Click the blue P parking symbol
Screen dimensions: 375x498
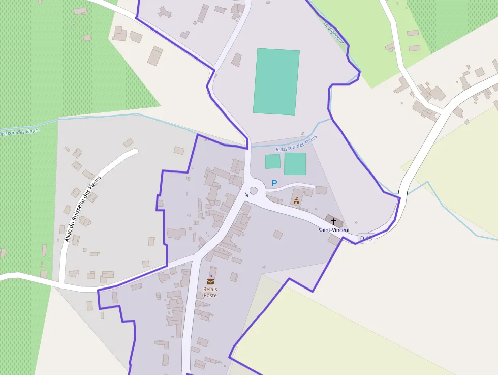[x=275, y=183]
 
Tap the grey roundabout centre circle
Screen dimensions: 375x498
[x=254, y=191]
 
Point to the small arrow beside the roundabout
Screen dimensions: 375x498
[x=246, y=194]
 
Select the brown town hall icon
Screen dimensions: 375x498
[x=296, y=200]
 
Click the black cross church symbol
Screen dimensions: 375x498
[x=334, y=221]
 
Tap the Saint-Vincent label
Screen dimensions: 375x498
[x=334, y=230]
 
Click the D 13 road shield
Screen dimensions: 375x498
[x=366, y=238]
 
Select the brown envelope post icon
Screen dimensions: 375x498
[x=210, y=281]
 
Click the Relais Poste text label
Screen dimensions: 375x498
[x=210, y=292]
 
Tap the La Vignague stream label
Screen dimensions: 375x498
[x=334, y=32]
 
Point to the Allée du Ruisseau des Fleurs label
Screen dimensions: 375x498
[x=83, y=208]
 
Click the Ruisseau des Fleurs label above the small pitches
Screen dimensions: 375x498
[x=296, y=143]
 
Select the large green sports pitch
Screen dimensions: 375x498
[x=276, y=81]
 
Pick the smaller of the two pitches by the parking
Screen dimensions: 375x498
[x=273, y=161]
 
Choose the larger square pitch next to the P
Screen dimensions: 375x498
[x=295, y=164]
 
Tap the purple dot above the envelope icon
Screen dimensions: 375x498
[x=211, y=275]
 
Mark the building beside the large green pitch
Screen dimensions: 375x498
[x=236, y=60]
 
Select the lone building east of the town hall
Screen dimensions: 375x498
[x=321, y=190]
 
